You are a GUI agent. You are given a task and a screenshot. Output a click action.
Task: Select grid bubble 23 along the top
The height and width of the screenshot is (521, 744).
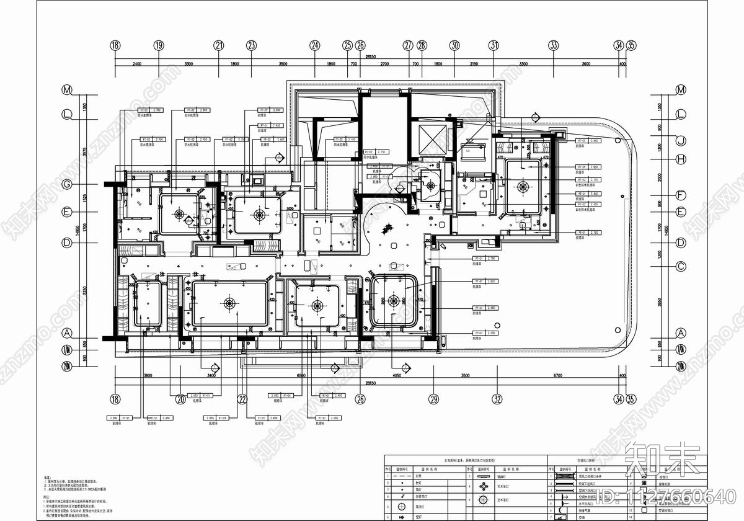pos(251,45)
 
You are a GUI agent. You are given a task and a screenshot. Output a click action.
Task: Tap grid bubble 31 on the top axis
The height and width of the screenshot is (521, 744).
pos(494,45)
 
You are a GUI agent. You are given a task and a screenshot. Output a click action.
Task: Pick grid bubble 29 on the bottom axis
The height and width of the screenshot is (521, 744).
pos(434,399)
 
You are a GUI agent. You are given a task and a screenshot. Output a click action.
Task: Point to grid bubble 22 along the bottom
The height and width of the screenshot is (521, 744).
pos(242,399)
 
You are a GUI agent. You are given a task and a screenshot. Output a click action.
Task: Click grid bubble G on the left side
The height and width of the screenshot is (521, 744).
pos(66,185)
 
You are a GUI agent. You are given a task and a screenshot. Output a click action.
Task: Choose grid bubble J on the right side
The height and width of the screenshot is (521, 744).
pos(680,141)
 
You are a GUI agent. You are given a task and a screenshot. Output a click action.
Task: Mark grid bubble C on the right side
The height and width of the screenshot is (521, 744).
pos(680,267)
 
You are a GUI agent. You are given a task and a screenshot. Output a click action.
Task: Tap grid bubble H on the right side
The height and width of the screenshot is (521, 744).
pos(680,159)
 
